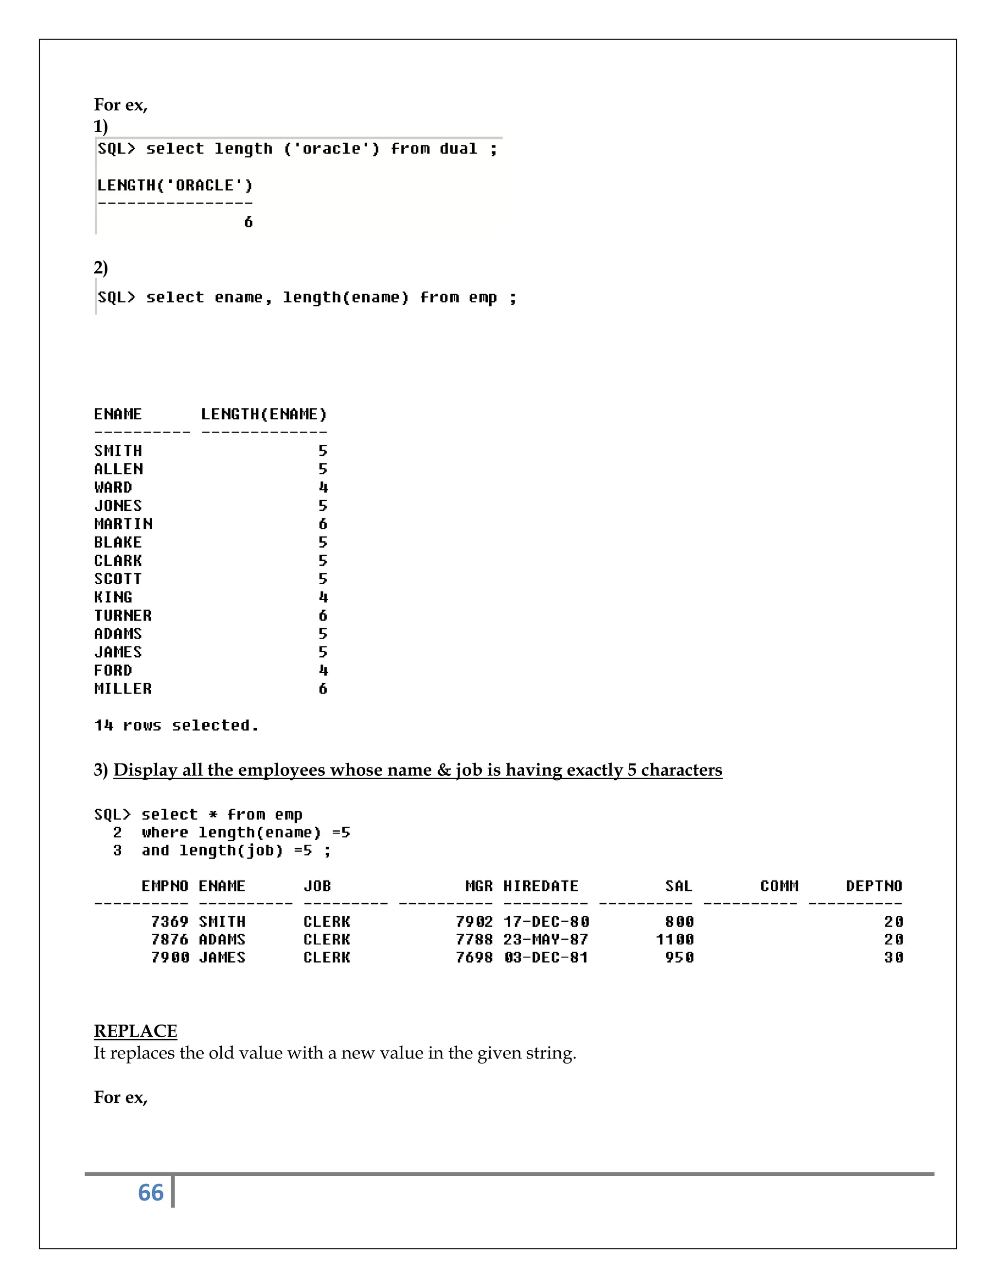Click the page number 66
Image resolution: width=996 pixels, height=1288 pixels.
pos(150,1192)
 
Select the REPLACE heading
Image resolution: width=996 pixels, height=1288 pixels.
pos(135,1030)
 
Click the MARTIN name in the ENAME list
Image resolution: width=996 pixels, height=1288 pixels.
pos(124,523)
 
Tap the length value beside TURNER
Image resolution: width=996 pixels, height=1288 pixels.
pos(323,615)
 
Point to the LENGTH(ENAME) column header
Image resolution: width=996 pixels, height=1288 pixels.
pos(264,414)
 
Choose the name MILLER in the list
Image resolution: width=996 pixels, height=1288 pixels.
pos(123,688)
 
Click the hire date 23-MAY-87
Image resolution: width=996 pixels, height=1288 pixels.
pos(546,940)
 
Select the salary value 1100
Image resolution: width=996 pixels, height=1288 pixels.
pos(675,940)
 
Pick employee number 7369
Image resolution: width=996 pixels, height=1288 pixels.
pos(169,921)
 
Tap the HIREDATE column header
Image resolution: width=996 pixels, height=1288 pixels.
pos(540,886)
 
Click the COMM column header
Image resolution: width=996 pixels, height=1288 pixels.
pos(779,886)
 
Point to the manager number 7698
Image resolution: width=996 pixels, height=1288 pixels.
pos(474,957)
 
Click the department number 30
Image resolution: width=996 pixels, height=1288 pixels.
pos(893,957)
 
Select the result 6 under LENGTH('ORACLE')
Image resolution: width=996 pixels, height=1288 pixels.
pos(249,222)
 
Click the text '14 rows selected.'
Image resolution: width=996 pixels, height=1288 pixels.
pos(177,725)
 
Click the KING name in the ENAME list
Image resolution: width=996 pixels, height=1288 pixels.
pos(113,597)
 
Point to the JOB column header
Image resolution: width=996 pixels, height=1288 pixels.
pos(318,886)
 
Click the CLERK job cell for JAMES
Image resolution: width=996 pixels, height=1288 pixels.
pos(327,957)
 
